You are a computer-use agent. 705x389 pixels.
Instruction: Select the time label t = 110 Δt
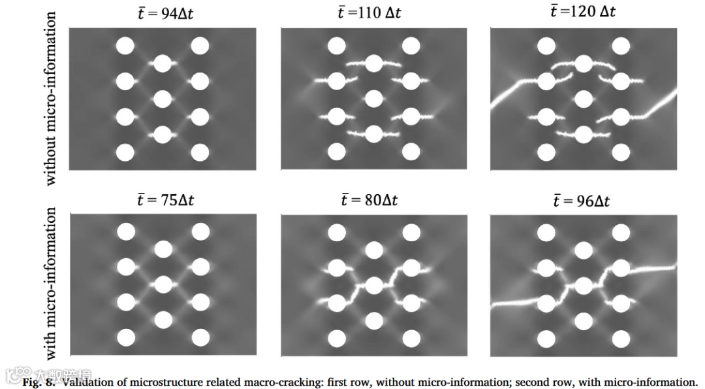click(369, 14)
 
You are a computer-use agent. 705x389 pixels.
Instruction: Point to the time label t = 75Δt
click(166, 200)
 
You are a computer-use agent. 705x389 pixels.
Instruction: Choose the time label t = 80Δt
click(369, 200)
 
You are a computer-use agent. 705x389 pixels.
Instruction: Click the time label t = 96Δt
click(581, 200)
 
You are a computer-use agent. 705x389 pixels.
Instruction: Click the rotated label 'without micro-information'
click(53, 98)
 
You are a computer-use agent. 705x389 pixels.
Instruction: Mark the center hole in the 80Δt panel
click(373, 286)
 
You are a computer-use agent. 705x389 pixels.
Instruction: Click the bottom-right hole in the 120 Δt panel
click(621, 152)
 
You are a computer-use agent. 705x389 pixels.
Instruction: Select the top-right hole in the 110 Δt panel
click(411, 46)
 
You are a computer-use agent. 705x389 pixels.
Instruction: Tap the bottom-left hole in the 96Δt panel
click(546, 338)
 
